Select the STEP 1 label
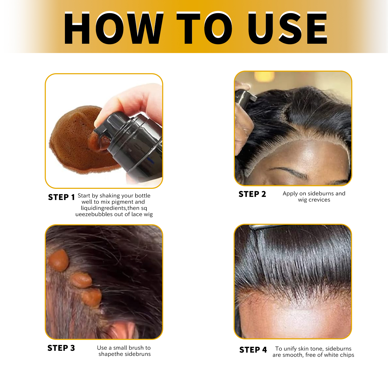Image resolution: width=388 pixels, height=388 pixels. (x=61, y=197)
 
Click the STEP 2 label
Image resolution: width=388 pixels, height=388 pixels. (x=252, y=194)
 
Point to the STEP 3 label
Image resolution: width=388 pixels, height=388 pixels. (x=61, y=348)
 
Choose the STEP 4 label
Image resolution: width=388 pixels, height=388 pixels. (x=253, y=350)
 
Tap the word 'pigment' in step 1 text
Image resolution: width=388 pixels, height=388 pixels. (x=122, y=202)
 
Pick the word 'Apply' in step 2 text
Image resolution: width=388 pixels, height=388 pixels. (x=290, y=194)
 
